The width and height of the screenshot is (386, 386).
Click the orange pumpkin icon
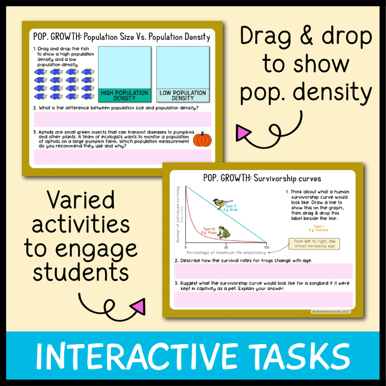pyautogui.click(x=202, y=139)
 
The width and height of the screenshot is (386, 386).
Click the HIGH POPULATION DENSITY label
pyautogui.click(x=124, y=95)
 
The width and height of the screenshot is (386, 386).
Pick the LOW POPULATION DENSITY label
pyautogui.click(x=183, y=95)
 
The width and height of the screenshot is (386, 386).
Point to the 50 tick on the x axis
pyautogui.click(x=226, y=247)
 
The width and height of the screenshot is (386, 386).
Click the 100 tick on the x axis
pyautogui.click(x=267, y=247)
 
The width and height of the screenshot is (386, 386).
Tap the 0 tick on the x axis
pyautogui.click(x=185, y=247)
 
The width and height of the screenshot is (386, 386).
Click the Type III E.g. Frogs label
pyautogui.click(x=209, y=231)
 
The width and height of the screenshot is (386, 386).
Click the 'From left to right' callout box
pyautogui.click(x=314, y=244)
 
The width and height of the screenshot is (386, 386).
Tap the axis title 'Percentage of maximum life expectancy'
pyautogui.click(x=226, y=253)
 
